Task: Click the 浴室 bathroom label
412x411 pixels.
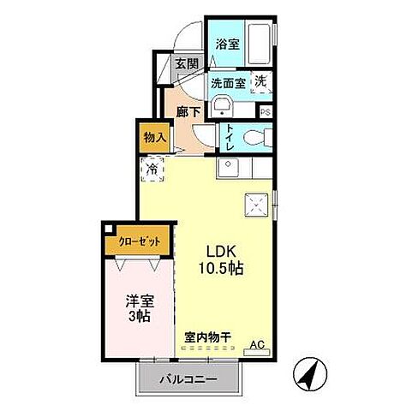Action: (226, 44)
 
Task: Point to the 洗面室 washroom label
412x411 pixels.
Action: (229, 83)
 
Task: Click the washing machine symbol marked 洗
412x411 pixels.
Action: (259, 82)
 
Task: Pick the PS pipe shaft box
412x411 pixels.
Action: (266, 111)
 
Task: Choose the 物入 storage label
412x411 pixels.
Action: (154, 136)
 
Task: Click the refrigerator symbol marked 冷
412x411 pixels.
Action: (152, 170)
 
